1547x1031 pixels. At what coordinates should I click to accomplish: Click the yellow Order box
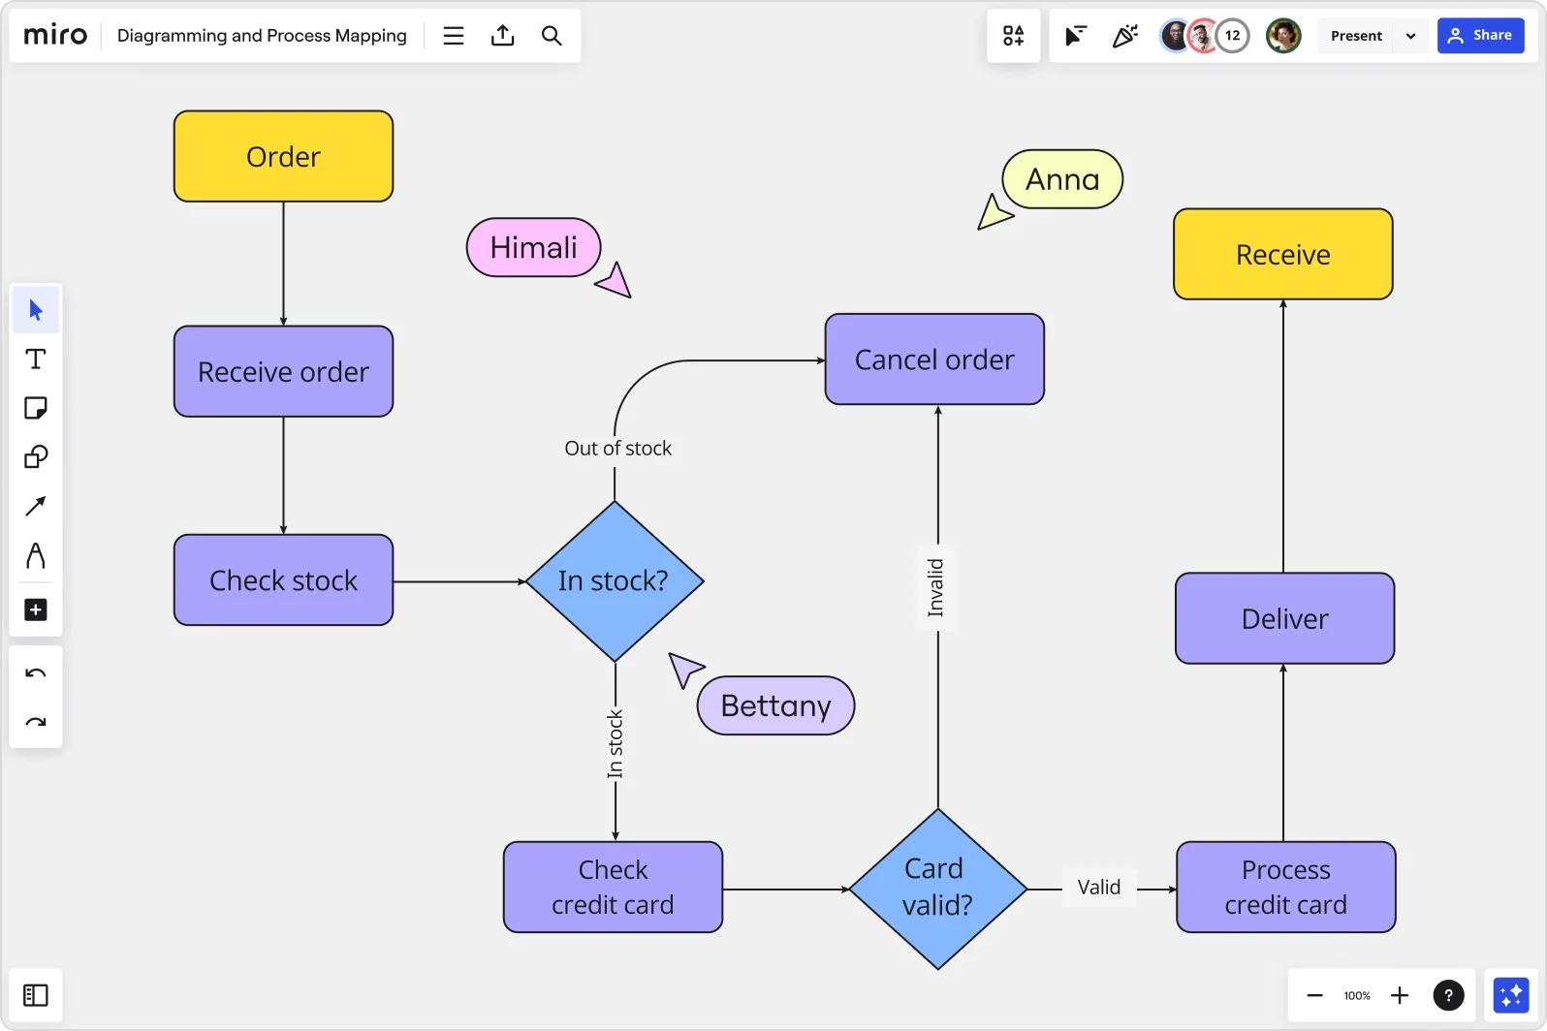pos(283,156)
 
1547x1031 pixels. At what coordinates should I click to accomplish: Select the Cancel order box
pos(934,359)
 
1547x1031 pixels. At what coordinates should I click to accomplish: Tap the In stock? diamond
pos(615,581)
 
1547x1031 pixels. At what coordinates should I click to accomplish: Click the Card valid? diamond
pos(937,888)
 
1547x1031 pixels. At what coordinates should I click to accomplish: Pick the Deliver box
pos(1284,618)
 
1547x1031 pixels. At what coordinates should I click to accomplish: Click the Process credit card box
pos(1285,887)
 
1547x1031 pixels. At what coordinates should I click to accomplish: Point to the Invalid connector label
pos(936,588)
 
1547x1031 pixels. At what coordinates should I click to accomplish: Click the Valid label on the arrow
pos(1098,888)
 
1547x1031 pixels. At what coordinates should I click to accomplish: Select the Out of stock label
pos(617,449)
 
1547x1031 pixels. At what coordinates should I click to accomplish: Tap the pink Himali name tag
pos(533,248)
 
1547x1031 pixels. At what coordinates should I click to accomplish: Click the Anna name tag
pos(1062,179)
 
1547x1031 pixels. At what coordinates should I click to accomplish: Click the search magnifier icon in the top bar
pos(552,36)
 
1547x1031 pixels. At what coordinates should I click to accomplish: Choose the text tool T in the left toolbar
pos(36,359)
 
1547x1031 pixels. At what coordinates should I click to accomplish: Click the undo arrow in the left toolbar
pos(36,673)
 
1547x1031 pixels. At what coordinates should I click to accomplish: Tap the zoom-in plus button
pos(1400,995)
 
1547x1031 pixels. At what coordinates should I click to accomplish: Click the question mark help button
pos(1448,995)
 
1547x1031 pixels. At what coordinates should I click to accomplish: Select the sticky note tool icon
pos(36,408)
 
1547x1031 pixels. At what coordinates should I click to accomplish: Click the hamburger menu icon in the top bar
pos(454,36)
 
